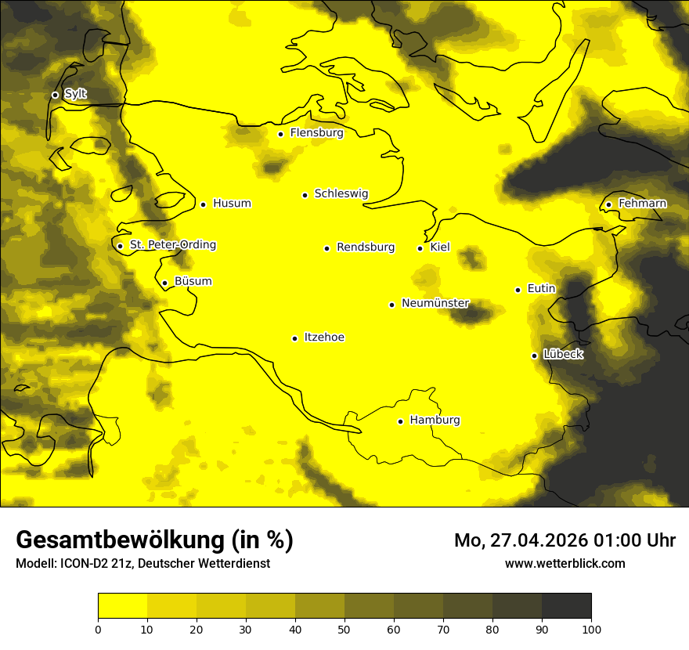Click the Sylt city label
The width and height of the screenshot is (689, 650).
[75, 94]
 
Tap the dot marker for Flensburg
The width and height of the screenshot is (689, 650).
[280, 134]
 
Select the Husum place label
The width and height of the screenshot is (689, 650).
[232, 204]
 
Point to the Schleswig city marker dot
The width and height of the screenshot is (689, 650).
[305, 195]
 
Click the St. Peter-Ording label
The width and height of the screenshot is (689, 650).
[172, 245]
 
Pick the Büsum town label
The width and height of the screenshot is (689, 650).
[193, 282]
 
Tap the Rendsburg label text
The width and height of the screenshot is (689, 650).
[366, 247]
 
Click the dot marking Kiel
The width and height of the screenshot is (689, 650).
[420, 248]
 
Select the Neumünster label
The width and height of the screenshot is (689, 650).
[435, 303]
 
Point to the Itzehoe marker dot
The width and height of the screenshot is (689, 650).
[294, 338]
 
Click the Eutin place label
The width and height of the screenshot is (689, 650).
[541, 289]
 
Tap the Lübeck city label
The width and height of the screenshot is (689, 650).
[563, 354]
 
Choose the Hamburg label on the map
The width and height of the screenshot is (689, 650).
[435, 421]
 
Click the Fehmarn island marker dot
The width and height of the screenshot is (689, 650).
[609, 204]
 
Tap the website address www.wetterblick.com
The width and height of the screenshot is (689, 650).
[565, 564]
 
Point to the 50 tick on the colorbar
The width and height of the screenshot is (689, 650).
[344, 629]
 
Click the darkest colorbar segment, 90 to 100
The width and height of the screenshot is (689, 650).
[566, 605]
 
